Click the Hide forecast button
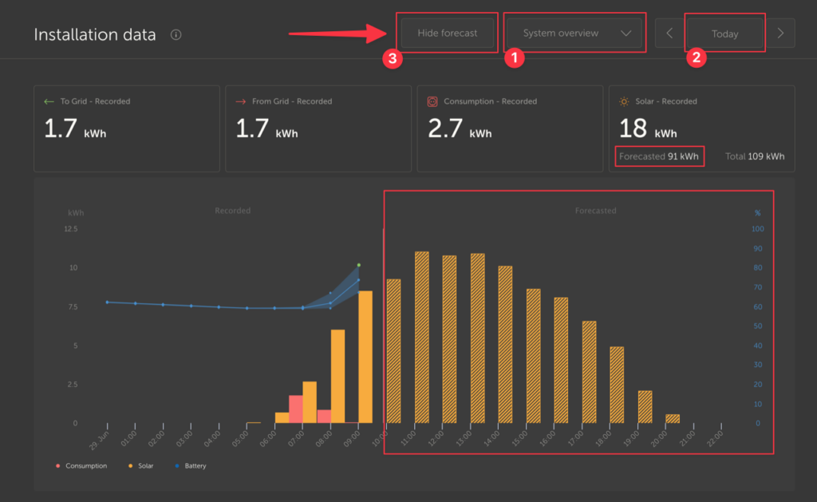point(448,33)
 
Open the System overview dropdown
point(574,33)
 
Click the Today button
point(724,34)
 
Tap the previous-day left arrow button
point(669,34)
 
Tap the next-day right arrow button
point(780,34)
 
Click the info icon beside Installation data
point(176,35)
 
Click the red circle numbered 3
point(391,58)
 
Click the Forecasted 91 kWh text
point(659,156)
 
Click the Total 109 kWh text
point(754,156)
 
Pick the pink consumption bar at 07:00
point(296,409)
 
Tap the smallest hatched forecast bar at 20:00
point(673,418)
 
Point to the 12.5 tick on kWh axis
point(71,229)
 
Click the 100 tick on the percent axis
point(758,229)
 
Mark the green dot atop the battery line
point(358,264)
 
